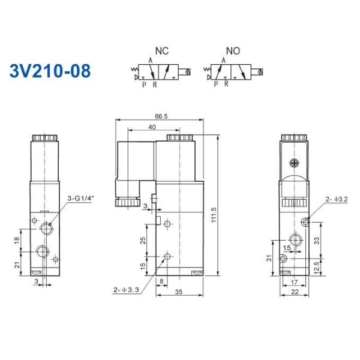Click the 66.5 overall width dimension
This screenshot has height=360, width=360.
(160, 116)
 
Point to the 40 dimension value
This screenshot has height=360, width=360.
(152, 127)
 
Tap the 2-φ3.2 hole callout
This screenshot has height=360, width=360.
(336, 198)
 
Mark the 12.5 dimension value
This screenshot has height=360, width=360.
(332, 266)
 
